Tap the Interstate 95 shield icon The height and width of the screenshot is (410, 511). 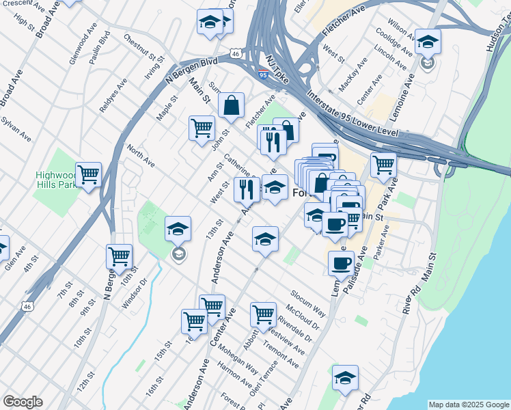point(264,75)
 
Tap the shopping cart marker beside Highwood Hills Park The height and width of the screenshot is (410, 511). point(89,175)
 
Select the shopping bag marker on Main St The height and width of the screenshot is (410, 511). point(232,105)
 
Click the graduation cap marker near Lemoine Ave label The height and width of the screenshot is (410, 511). point(428,42)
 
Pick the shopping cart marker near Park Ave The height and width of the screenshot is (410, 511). point(383,164)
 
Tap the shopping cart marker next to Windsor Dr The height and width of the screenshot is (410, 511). point(119,257)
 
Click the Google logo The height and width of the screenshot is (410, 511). point(23,402)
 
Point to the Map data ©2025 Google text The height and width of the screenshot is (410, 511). point(468,405)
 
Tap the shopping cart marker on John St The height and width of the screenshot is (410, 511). point(202,128)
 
